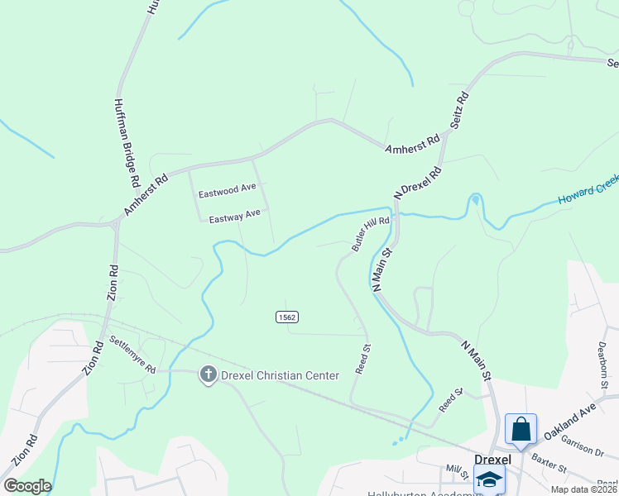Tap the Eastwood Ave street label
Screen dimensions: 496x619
[228, 191]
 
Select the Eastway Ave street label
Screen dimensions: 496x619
[234, 217]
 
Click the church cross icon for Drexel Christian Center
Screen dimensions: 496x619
[208, 375]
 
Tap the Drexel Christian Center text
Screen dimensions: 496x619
[280, 375]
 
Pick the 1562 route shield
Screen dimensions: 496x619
[286, 317]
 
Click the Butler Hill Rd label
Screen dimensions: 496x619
[370, 235]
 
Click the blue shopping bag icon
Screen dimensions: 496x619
[521, 428]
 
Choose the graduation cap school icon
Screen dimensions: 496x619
[489, 479]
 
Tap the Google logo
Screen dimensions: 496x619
[27, 486]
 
